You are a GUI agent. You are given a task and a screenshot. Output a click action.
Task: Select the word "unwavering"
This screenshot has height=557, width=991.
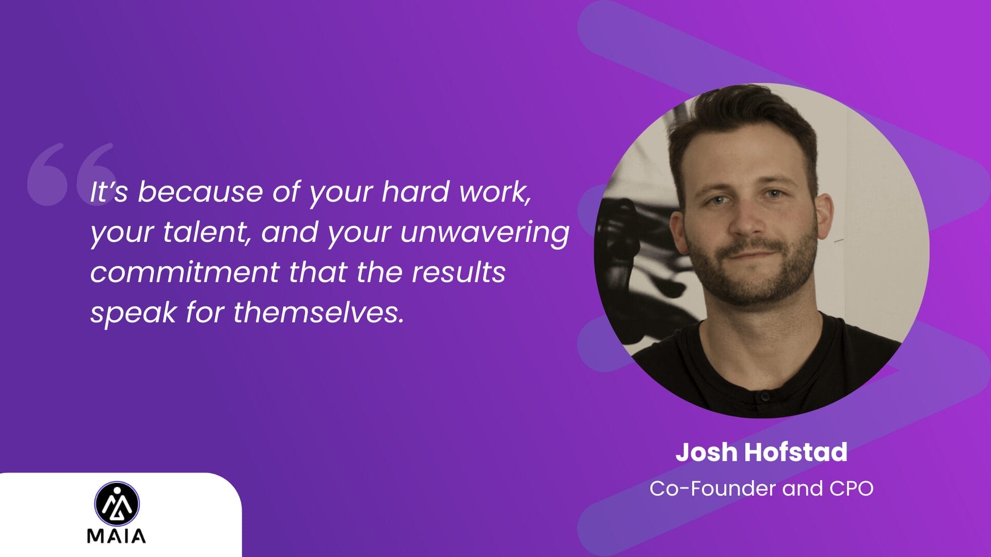tap(485, 232)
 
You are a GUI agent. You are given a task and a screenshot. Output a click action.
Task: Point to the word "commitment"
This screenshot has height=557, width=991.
tap(185, 272)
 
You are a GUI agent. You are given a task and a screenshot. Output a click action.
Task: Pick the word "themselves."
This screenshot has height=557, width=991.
tap(318, 313)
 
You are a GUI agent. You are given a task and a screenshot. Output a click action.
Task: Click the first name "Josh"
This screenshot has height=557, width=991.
tap(707, 452)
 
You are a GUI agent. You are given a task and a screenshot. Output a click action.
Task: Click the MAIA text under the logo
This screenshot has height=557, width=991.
tap(117, 536)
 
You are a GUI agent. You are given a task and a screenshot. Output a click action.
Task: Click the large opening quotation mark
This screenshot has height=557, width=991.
tap(71, 174)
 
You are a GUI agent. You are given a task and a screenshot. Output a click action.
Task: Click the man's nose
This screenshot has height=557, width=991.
tap(748, 219)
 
